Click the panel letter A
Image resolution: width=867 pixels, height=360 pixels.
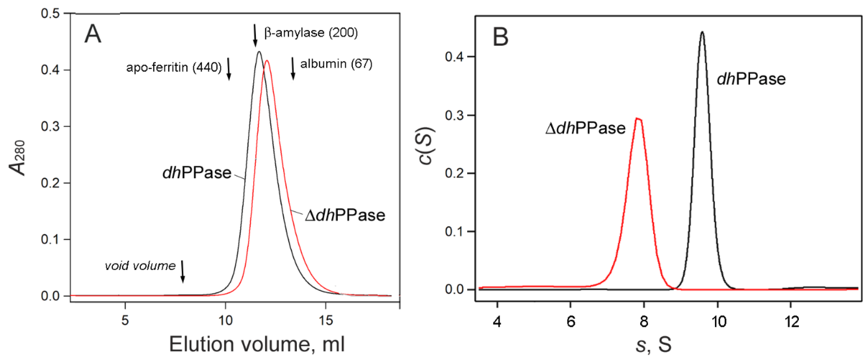[93, 34]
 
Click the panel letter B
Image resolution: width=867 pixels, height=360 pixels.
[500, 37]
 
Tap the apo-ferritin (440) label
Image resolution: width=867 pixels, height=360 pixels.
[174, 68]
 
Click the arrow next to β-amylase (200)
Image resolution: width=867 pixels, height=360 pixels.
[255, 35]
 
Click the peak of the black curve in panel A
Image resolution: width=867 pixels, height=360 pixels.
[259, 52]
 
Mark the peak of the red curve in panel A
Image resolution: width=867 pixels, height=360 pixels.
[267, 61]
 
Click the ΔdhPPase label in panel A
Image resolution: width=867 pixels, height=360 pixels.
[345, 215]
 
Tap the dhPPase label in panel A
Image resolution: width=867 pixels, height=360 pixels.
[197, 173]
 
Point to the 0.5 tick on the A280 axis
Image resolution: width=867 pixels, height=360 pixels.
[50, 14]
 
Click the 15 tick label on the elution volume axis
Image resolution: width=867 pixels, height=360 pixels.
[325, 320]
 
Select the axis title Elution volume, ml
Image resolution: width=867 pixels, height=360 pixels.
[257, 344]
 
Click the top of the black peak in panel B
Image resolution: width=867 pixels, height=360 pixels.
[702, 32]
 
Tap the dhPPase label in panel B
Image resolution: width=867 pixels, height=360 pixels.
[751, 79]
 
